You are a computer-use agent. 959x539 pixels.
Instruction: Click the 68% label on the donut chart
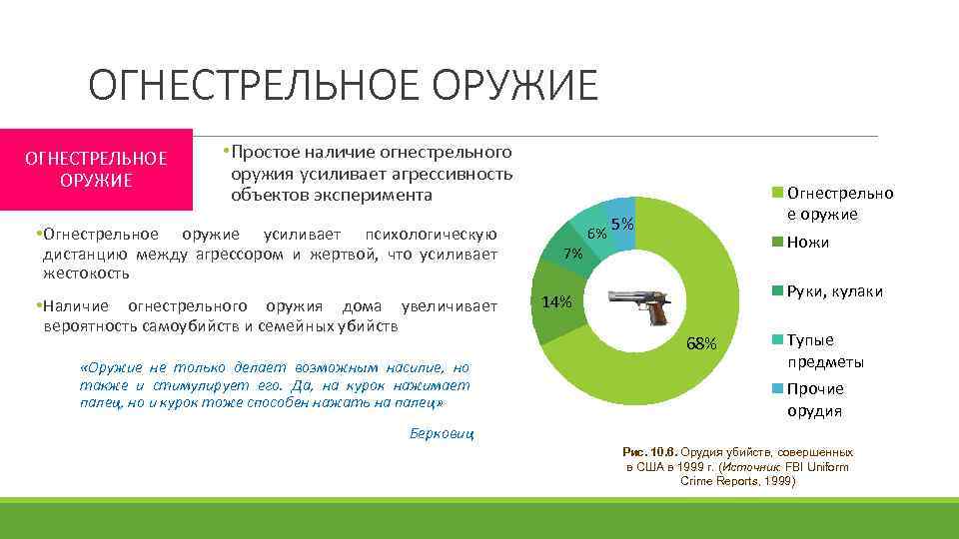point(701,344)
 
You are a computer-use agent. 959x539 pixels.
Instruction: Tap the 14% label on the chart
point(556,302)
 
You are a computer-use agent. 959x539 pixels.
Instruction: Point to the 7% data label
point(573,254)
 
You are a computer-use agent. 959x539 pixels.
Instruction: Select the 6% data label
point(596,233)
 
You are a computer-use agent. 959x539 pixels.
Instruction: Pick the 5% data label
point(622,225)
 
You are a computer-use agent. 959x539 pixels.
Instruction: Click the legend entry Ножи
point(808,243)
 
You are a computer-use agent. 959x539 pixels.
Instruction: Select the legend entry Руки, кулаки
point(834,290)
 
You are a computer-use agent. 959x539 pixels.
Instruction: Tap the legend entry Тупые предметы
point(825,350)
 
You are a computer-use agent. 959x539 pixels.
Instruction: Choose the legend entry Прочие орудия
point(815,399)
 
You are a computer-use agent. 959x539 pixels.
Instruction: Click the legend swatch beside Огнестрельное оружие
point(778,194)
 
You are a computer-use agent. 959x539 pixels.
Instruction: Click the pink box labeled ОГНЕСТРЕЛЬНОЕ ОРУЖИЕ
point(96,169)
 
